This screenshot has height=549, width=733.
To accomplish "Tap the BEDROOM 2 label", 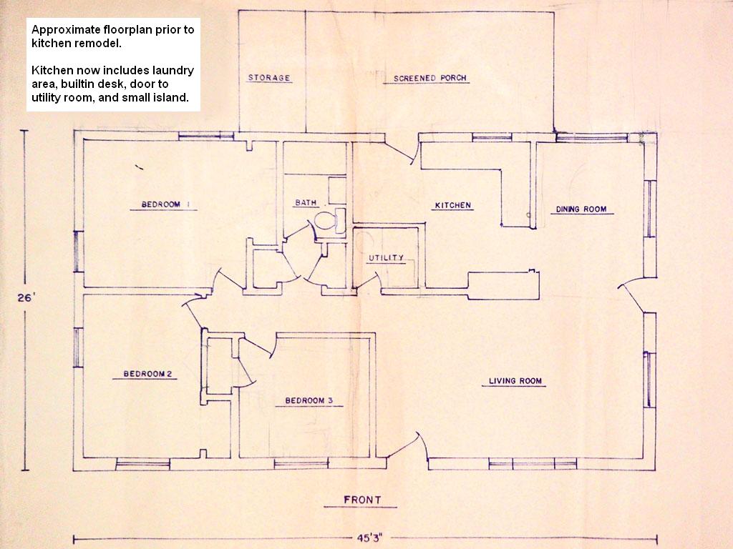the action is [x=147, y=374].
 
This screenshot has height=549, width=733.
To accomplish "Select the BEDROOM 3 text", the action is [x=309, y=400].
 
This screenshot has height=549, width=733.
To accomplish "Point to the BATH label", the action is [x=306, y=202].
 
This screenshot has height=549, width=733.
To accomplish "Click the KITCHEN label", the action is [x=453, y=205].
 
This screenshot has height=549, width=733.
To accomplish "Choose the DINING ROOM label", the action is [x=581, y=209].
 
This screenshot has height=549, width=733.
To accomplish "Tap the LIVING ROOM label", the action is [x=515, y=381].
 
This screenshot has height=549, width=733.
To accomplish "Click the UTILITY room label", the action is [x=386, y=257].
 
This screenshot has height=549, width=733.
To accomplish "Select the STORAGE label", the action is [x=269, y=77].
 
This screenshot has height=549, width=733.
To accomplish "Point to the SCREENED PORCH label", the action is [x=430, y=78].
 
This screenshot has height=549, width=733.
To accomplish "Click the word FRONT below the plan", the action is [x=362, y=500].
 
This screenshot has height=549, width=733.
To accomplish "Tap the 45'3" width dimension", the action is [x=370, y=538].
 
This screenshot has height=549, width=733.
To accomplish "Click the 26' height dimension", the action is [x=26, y=298].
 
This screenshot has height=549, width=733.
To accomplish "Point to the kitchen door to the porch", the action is [x=399, y=150].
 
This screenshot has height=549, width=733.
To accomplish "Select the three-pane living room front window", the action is [x=533, y=463].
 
